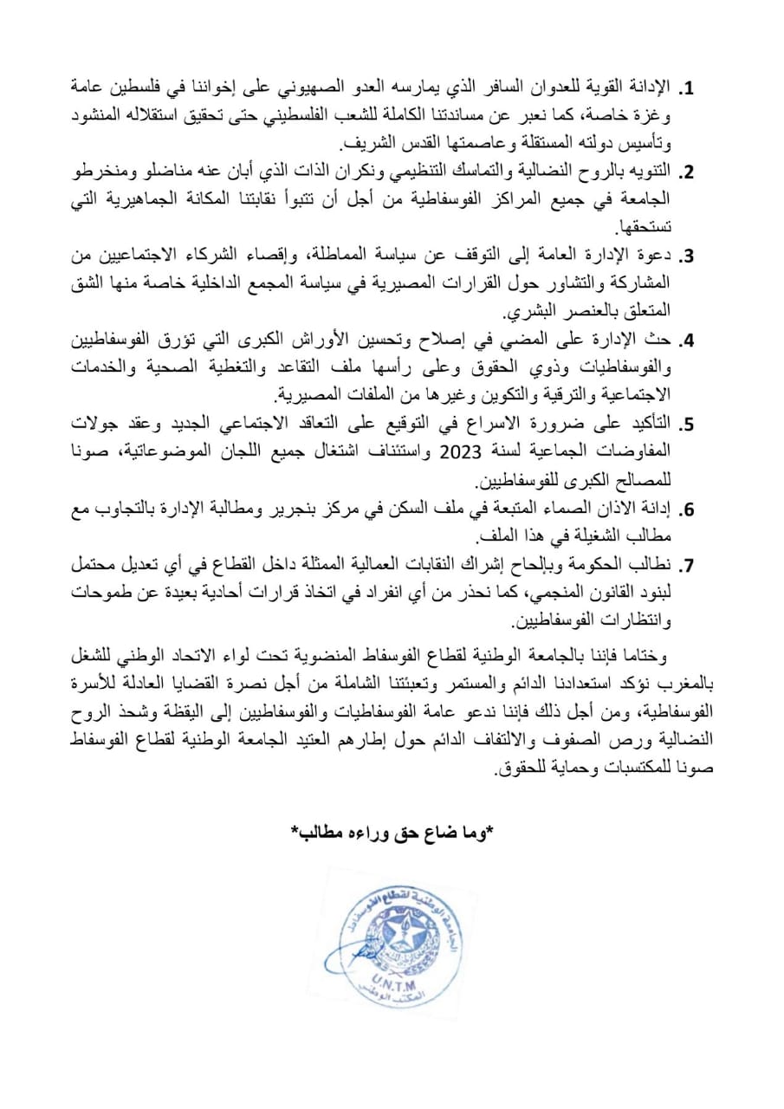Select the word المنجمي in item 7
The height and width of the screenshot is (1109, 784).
(565, 594)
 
